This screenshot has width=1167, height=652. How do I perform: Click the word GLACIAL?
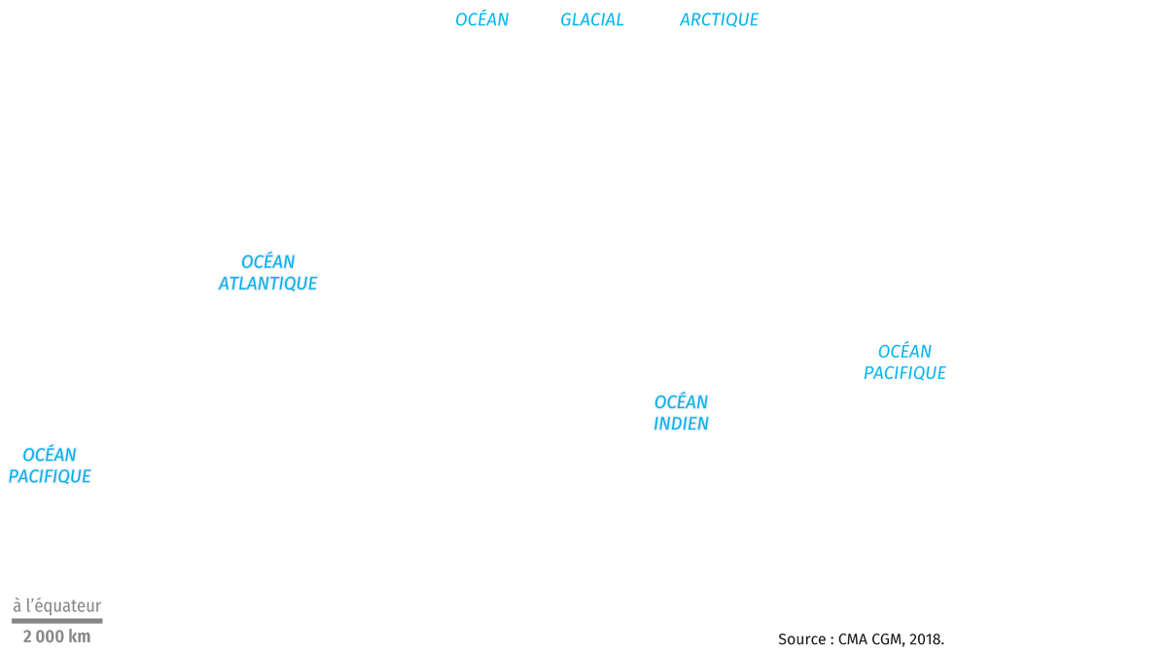tap(592, 19)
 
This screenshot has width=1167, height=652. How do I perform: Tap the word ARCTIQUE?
tap(719, 19)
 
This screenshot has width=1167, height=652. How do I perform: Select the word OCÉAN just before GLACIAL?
tap(482, 18)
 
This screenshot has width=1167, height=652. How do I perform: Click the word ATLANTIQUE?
tap(267, 284)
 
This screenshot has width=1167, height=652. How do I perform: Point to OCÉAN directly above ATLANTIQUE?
tap(268, 260)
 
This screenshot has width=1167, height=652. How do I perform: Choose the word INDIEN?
tap(681, 424)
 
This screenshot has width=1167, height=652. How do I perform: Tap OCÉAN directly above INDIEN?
tap(682, 401)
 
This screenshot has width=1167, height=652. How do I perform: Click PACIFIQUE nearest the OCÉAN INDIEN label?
tap(905, 373)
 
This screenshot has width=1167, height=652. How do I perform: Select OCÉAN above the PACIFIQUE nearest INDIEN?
tap(905, 351)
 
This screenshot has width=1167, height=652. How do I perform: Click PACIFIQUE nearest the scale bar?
tap(50, 476)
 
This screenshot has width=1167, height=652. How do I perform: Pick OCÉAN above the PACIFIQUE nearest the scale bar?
tap(50, 455)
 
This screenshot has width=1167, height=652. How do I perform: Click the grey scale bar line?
tap(57, 621)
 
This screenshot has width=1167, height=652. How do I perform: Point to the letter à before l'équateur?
tap(18, 605)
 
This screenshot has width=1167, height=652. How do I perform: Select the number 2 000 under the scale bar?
tap(43, 636)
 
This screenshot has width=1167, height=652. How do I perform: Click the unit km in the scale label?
tap(79, 636)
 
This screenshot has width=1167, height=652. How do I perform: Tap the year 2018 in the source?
tap(925, 639)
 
